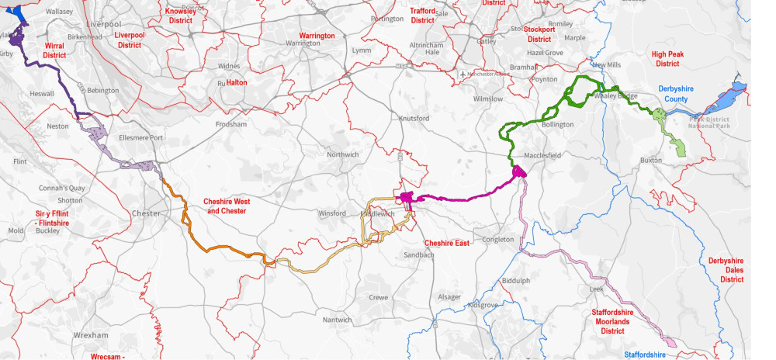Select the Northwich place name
click(x=342, y=154)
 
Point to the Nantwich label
click(x=337, y=320)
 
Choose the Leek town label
click(x=596, y=289)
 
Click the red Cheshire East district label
click(x=446, y=243)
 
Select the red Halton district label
click(x=236, y=82)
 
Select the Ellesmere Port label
click(x=135, y=138)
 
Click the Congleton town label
click(x=497, y=239)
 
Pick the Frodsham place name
click(x=231, y=124)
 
